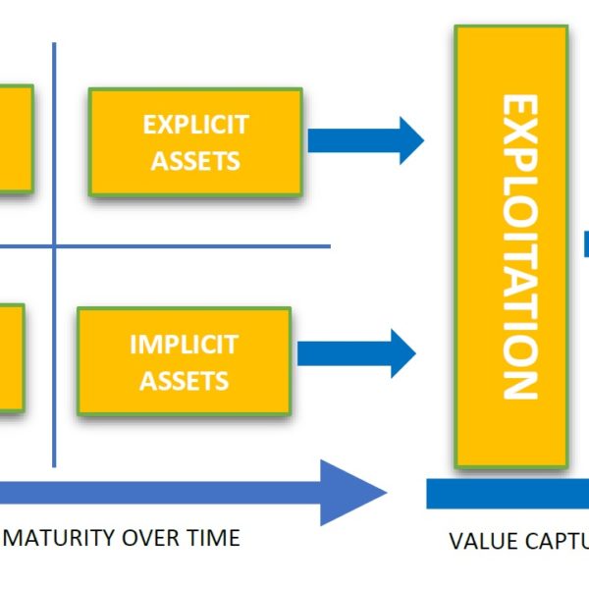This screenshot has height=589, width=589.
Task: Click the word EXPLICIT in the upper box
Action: (195, 125)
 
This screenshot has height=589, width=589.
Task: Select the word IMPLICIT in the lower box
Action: (184, 345)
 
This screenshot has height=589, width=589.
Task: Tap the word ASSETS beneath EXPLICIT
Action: (195, 161)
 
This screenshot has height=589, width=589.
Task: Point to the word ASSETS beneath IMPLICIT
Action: (184, 381)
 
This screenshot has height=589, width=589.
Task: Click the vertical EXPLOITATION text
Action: (519, 246)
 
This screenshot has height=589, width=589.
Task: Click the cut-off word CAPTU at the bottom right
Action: (554, 541)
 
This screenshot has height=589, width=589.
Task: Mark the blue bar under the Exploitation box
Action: (507, 493)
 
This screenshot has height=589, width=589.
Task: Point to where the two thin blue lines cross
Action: (54, 246)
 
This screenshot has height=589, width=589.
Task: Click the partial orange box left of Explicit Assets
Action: (16, 138)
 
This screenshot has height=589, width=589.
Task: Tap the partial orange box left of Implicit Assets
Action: (11, 355)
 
